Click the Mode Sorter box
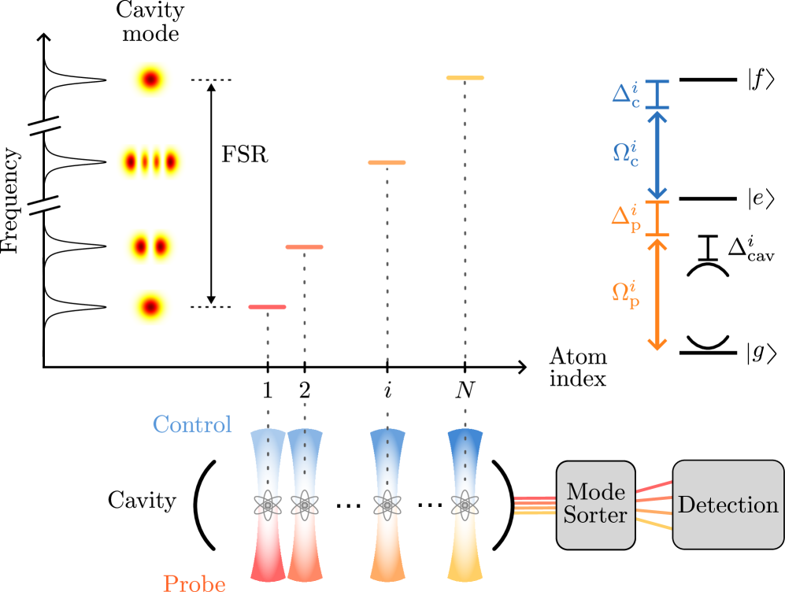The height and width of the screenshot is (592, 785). coord(595,505)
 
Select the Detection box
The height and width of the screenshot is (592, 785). coord(728,505)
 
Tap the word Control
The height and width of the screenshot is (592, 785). coord(192,424)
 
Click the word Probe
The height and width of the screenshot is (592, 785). coord(194,583)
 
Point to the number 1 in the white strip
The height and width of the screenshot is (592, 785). coord(267,389)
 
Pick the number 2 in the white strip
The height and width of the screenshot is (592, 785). coord(305,389)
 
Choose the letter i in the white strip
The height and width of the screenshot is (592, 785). coord(387,389)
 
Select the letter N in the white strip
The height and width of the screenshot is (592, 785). coord(465,389)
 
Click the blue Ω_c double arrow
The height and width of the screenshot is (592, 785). coord(657,154)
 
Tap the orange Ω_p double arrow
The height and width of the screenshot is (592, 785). coord(657,293)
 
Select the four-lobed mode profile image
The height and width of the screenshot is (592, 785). coord(151,162)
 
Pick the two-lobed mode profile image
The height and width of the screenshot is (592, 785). coord(151,246)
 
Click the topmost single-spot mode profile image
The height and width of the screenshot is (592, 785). coord(151,80)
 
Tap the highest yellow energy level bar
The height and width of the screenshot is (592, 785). coord(465,78)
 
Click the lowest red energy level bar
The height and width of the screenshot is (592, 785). coord(267,306)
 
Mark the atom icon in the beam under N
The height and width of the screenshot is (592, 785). coord(465,505)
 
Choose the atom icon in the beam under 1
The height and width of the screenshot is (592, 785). coord(268,505)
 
